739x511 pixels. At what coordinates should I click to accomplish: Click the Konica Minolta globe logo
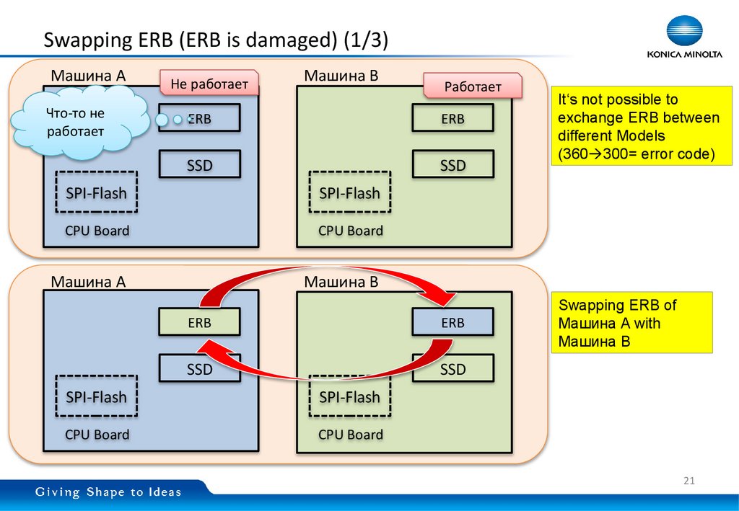tap(683, 32)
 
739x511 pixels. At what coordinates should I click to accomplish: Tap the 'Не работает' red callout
tap(209, 84)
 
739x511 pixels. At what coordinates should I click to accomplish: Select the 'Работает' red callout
tap(472, 86)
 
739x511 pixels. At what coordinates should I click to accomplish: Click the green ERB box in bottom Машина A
tap(199, 322)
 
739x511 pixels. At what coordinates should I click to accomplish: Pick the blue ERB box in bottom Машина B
tap(452, 322)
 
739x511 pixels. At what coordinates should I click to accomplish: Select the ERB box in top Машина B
tap(452, 118)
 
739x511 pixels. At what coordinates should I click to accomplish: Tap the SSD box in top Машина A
tap(199, 165)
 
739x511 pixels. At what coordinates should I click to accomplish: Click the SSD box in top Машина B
tap(452, 165)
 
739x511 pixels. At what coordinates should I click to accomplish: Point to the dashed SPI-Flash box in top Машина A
tap(96, 192)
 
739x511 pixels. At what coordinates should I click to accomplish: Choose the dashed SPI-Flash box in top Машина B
tap(349, 192)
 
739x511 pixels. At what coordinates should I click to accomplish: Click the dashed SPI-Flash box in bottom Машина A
tap(96, 396)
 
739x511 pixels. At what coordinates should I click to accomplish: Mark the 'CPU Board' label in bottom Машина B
tap(351, 435)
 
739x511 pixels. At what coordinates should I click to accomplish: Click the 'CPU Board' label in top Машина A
tap(97, 231)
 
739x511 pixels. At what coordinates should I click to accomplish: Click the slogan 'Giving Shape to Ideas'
tap(109, 492)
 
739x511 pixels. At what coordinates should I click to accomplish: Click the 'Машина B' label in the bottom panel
tap(341, 282)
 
